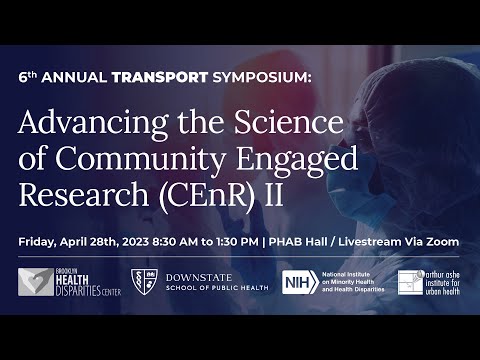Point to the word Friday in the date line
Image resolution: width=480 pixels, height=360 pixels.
click(41, 242)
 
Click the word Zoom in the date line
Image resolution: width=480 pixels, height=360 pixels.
click(440, 242)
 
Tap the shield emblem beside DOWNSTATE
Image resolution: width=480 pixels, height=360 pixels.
click(143, 284)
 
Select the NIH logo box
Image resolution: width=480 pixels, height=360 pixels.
click(298, 284)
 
